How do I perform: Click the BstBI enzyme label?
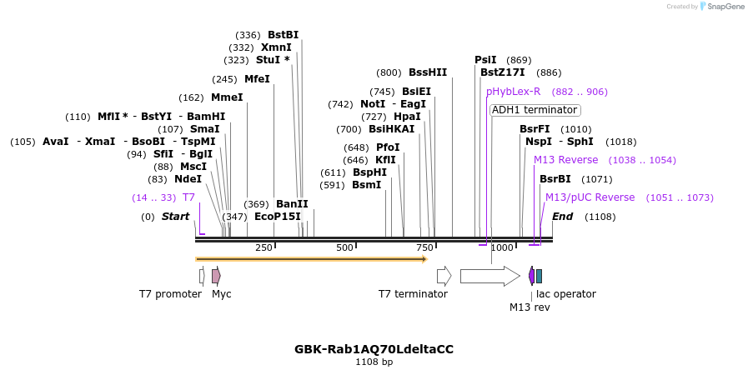283,35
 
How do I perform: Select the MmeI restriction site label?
227,97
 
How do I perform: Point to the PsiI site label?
485,60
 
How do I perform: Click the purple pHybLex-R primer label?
513,92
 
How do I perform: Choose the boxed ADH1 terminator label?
535,110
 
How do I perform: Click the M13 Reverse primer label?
565,160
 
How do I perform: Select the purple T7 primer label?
188,197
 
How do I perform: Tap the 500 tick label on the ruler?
344,247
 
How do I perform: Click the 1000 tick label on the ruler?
502,247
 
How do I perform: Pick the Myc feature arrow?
216,276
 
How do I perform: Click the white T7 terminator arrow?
444,276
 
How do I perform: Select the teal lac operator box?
539,276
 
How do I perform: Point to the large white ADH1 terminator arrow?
489,276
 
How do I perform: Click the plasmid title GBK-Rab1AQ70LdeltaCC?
374,349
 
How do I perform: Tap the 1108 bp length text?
374,362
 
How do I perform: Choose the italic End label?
562,217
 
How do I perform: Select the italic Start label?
175,217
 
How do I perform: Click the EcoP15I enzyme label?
277,217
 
